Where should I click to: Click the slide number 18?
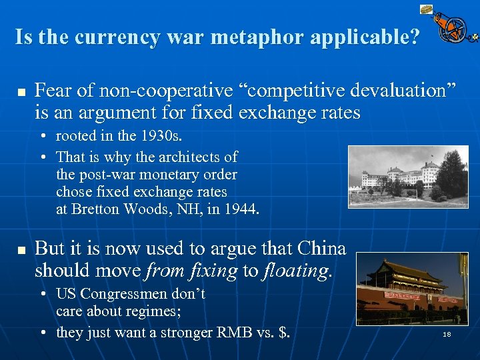tap(447, 334)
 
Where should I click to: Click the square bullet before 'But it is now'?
tap(20, 251)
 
